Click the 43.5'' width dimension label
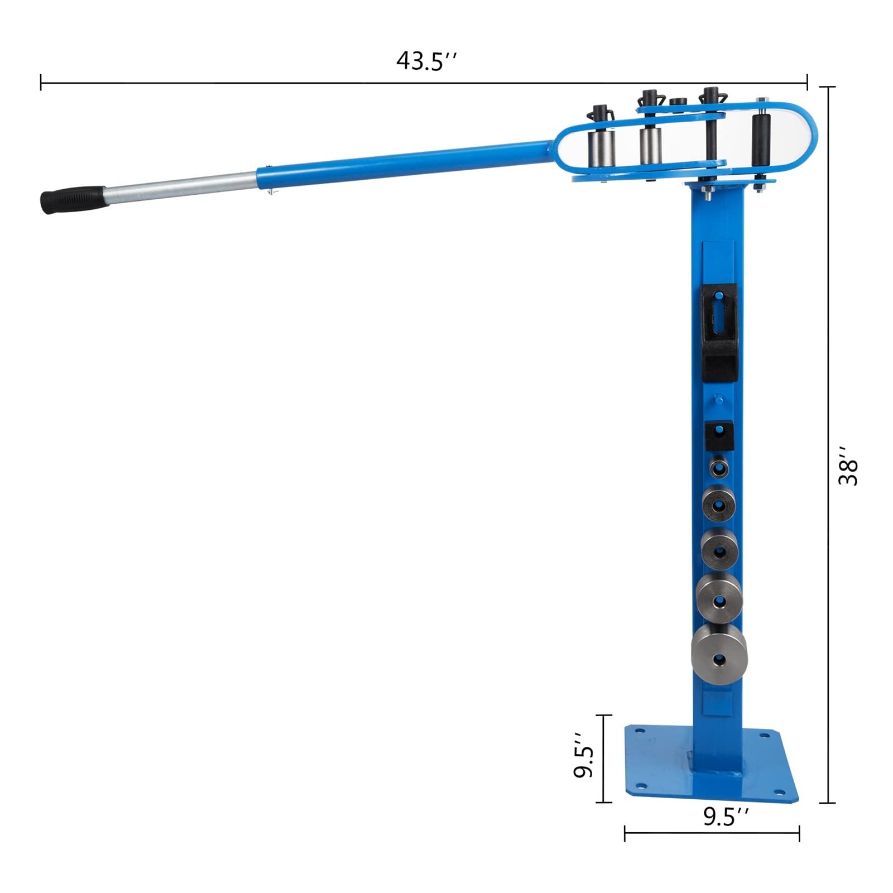(427, 61)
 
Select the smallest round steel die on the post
(719, 468)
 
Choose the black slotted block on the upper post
(719, 333)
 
